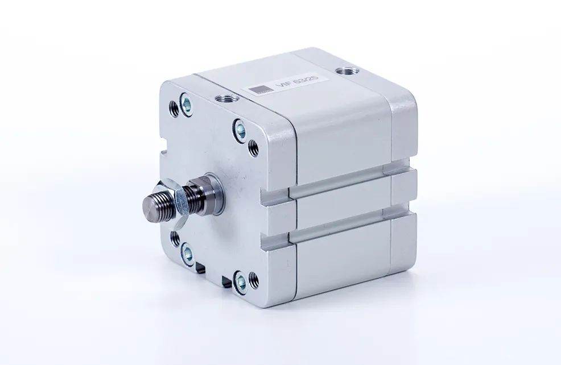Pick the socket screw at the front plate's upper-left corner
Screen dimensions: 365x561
[185, 103]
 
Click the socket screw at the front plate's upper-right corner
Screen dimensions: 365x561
[240, 129]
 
